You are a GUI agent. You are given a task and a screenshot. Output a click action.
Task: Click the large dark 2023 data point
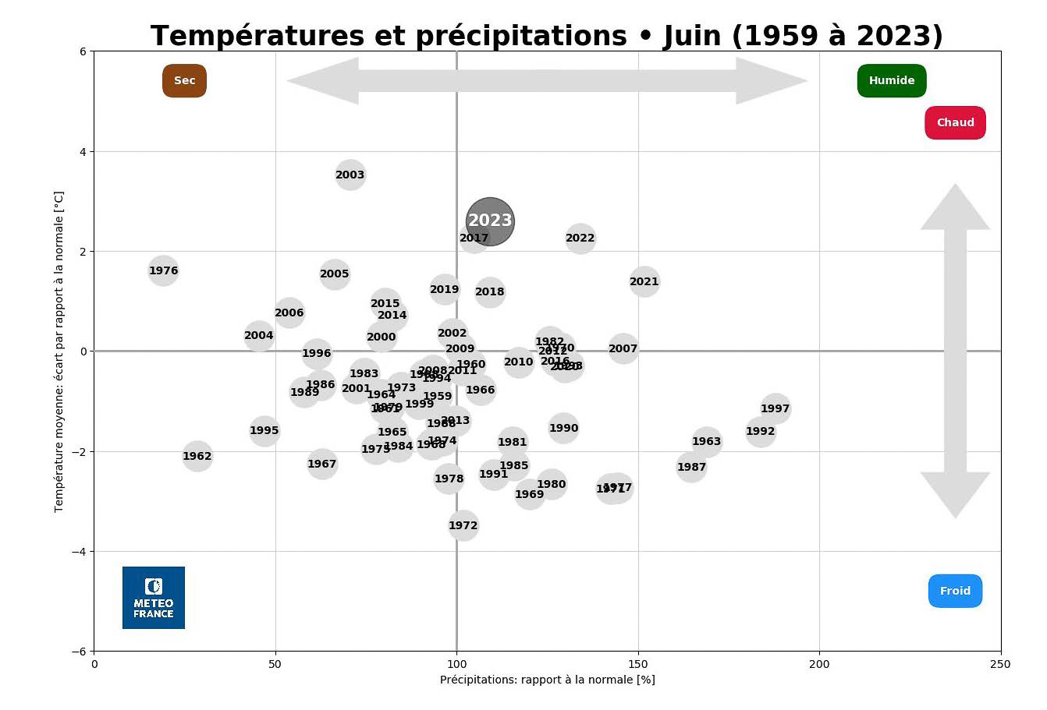[490, 221]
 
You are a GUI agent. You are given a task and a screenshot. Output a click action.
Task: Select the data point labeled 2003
[350, 175]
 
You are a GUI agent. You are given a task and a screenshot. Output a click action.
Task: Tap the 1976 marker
[163, 270]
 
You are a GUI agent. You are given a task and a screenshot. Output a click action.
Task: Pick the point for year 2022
[580, 238]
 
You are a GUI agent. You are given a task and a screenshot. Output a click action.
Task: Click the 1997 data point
[775, 408]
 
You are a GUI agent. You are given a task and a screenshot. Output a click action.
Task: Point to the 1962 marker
[197, 456]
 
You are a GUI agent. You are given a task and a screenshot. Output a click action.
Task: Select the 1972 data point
[463, 525]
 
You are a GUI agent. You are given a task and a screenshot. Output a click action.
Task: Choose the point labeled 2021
[644, 281]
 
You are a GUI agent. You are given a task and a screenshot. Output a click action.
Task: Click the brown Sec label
[184, 80]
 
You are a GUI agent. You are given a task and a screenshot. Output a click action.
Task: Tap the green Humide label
[891, 80]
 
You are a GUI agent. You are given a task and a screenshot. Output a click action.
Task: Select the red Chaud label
[955, 122]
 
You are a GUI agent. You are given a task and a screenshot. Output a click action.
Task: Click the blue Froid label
[955, 591]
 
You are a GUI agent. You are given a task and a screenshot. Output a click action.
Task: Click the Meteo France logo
[154, 598]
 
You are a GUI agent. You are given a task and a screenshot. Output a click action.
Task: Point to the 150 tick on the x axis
[638, 664]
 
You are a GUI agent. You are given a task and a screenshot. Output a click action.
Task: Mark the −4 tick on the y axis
[81, 552]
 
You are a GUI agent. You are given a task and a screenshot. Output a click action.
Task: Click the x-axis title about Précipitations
[547, 680]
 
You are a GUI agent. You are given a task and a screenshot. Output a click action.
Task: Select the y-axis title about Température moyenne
[59, 351]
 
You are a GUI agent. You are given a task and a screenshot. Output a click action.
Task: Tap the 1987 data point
[691, 467]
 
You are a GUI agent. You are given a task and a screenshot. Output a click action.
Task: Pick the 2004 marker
[258, 336]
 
